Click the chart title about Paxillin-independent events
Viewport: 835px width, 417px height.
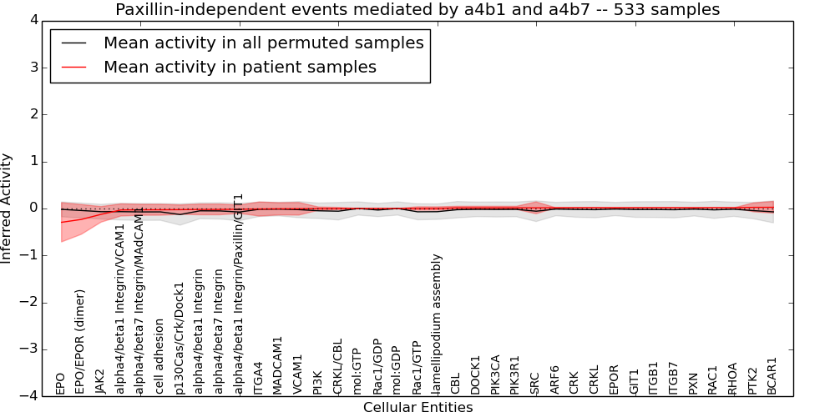pyautogui.click(x=417, y=10)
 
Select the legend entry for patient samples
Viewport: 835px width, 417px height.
pyautogui.click(x=240, y=68)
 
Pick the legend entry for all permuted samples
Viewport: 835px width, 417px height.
pyautogui.click(x=263, y=43)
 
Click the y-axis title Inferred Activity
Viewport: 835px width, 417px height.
pyautogui.click(x=7, y=208)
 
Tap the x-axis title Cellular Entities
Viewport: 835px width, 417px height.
pyautogui.click(x=417, y=408)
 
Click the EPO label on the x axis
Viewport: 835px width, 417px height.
pyautogui.click(x=60, y=384)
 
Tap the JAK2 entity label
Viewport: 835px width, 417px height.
pyautogui.click(x=100, y=380)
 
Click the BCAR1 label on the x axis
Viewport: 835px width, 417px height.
pyautogui.click(x=772, y=375)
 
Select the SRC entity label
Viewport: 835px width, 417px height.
pyautogui.click(x=535, y=382)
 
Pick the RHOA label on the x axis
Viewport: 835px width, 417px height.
pyautogui.click(x=732, y=378)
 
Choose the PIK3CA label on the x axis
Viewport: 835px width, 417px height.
pyautogui.click(x=495, y=374)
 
